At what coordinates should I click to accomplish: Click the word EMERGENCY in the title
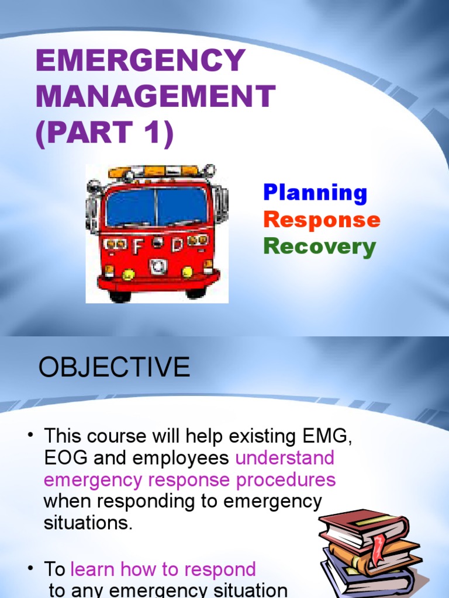tap(140, 61)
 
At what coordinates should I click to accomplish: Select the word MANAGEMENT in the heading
tap(156, 97)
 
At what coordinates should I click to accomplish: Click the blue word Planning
tap(315, 193)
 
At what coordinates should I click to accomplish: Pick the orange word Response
tap(322, 220)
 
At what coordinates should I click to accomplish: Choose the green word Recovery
tap(319, 247)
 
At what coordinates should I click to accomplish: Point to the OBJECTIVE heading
tap(114, 367)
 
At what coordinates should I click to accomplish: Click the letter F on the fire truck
tap(138, 247)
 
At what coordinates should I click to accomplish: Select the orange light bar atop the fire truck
tap(156, 171)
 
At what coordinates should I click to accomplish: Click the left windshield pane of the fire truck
tap(130, 207)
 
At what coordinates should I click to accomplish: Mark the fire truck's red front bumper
tap(158, 282)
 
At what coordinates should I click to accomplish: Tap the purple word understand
tap(285, 458)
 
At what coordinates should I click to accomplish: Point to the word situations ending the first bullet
tap(88, 523)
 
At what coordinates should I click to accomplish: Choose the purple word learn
tap(91, 569)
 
